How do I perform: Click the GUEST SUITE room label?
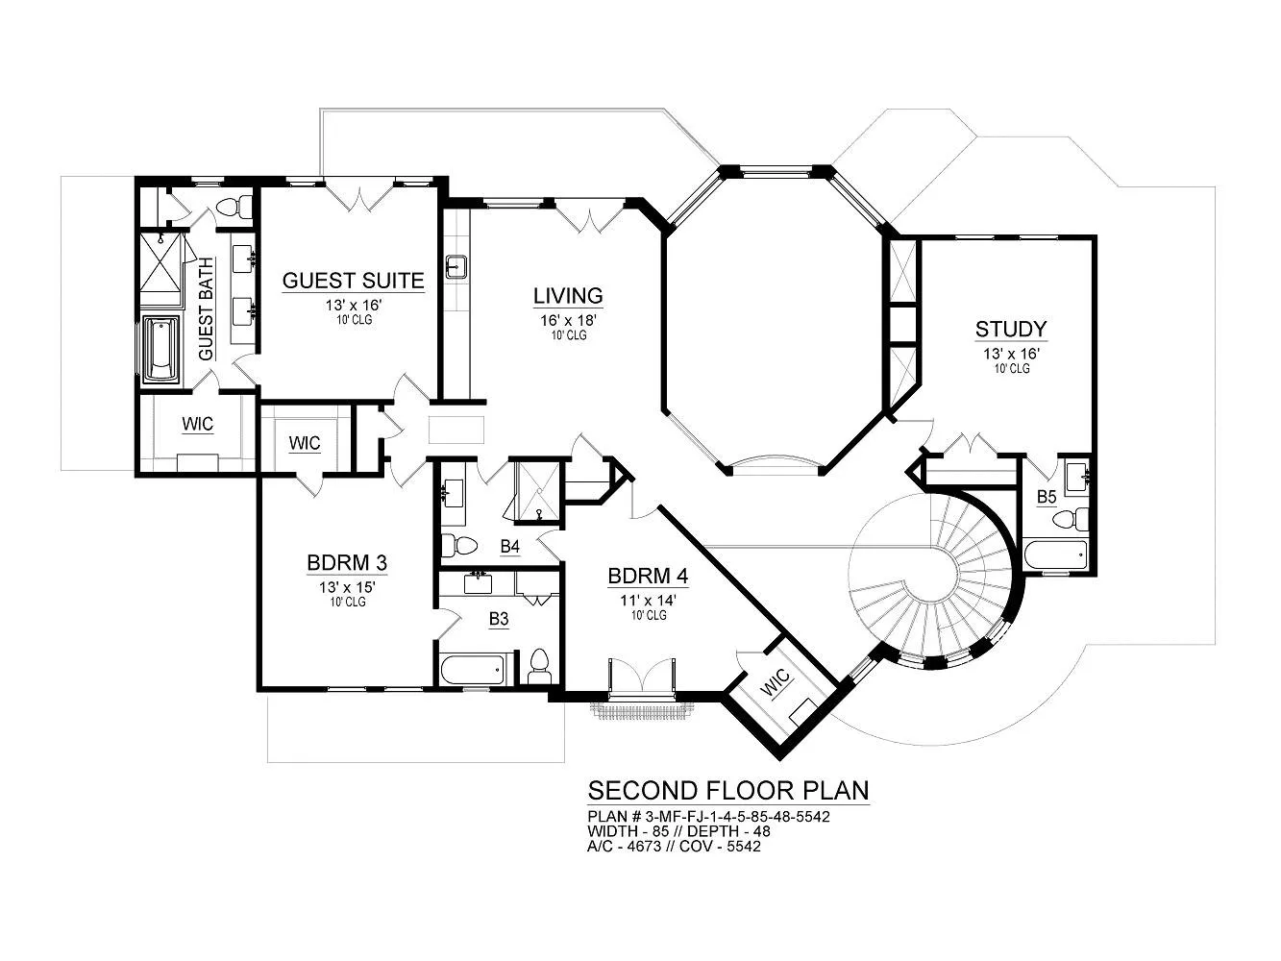coord(353,281)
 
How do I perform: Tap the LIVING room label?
coord(568,296)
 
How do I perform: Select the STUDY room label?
coord(1011,329)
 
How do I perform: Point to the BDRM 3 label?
coord(347,563)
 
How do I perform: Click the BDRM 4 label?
coord(648,577)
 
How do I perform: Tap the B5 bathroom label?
coord(1047,497)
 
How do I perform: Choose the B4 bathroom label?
coord(510,546)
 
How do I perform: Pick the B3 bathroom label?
coord(499,619)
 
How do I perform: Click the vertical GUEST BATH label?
coord(206,309)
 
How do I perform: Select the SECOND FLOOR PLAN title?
coord(728,791)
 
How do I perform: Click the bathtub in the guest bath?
coord(161,349)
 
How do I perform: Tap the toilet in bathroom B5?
coord(1072,519)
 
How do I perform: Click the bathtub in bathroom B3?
coord(473,671)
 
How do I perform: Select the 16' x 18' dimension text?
coord(568,320)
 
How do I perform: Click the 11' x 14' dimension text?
coord(649,600)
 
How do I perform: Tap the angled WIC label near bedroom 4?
coord(776,683)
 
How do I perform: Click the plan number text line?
coord(708,816)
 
